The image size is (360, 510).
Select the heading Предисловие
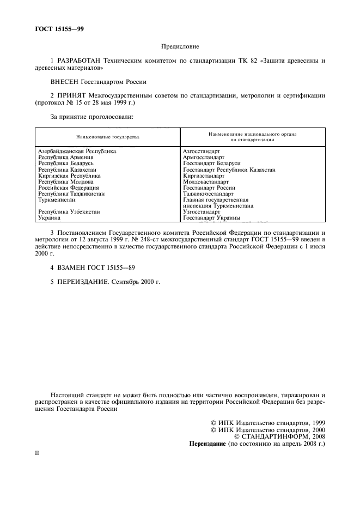180,47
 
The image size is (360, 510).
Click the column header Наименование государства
108,136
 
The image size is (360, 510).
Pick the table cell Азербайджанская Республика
77,151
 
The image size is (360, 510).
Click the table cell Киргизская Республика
69,175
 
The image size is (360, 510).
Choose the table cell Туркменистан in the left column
57,199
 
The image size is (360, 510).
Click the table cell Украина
48,217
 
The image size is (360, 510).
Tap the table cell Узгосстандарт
202,211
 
